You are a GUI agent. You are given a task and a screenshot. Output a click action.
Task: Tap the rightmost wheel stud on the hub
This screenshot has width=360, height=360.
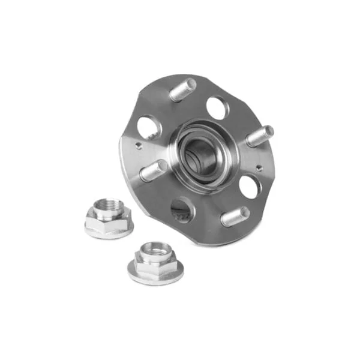coord(259,136)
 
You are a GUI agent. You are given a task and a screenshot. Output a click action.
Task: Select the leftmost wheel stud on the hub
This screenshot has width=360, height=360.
coord(153,170)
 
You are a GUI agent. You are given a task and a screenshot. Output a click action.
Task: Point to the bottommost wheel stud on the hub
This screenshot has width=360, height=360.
coord(235,216)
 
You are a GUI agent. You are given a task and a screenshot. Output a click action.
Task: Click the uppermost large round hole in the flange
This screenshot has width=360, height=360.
coord(217,107)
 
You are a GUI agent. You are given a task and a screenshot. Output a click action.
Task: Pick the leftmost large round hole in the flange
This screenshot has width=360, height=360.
coord(148,127)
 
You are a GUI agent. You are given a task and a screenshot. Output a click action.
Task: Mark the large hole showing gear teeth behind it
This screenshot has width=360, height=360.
coord(181,211)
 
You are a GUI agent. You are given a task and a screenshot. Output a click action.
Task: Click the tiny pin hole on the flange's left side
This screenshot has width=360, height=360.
coord(139,145)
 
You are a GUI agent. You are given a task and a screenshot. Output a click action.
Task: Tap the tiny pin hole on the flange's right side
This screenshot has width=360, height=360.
coord(258,168)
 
